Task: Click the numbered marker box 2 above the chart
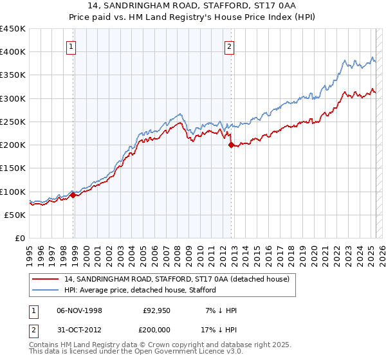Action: point(229,46)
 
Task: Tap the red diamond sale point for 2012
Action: point(231,146)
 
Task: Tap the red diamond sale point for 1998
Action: point(73,195)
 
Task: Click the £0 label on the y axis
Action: point(20,238)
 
